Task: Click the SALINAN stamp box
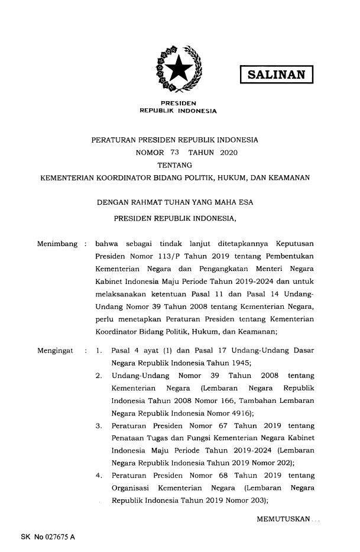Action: click(x=275, y=75)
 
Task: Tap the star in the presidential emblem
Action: click(x=179, y=69)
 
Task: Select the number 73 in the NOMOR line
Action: click(x=174, y=153)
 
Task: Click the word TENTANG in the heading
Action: click(x=178, y=164)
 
